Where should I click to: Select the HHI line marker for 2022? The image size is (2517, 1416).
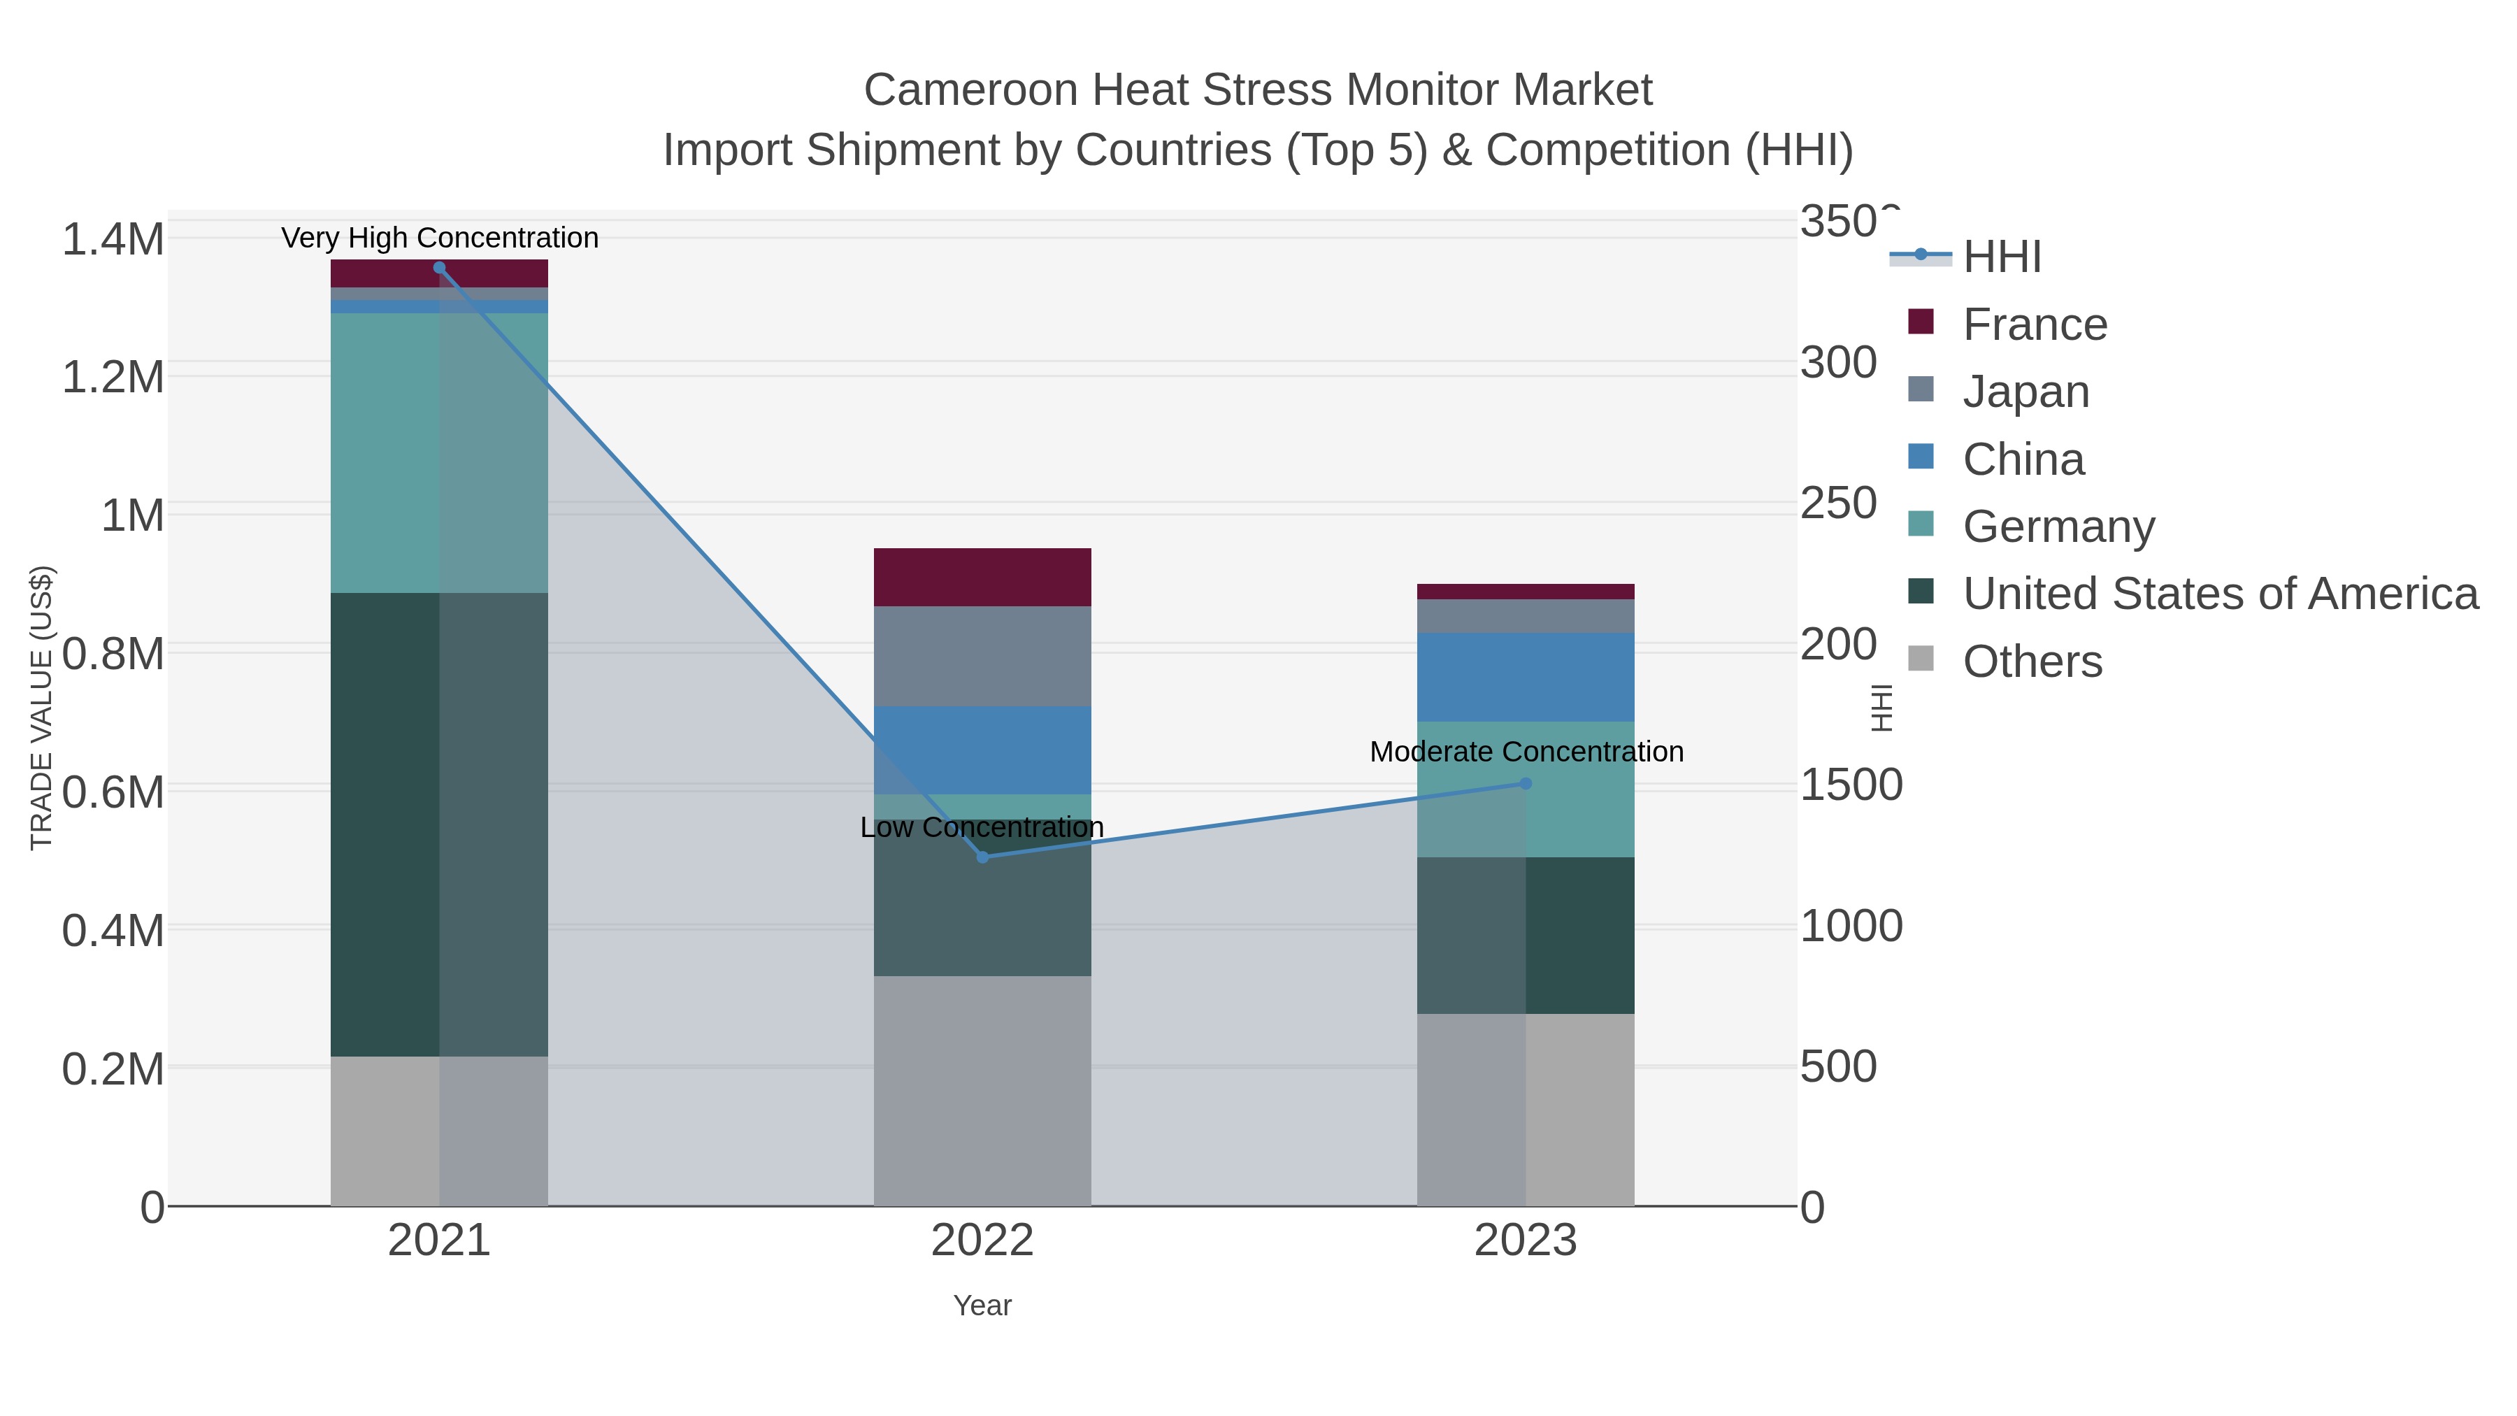point(982,857)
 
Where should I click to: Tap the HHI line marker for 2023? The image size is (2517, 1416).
point(1526,784)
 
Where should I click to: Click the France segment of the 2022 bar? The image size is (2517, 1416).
point(982,578)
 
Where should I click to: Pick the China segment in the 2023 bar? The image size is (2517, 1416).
point(1526,677)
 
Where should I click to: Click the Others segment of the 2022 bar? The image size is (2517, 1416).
point(982,1091)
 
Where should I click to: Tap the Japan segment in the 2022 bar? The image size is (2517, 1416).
point(982,656)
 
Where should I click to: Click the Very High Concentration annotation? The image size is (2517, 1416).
point(440,238)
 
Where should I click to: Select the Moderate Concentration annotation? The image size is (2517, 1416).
point(1526,752)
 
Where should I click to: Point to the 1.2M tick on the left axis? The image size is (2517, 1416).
point(113,377)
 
